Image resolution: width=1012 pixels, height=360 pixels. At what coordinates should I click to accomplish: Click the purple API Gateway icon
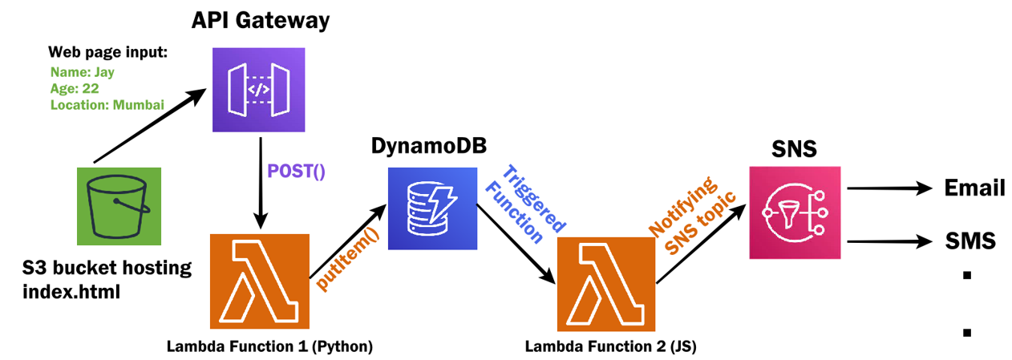pos(259,89)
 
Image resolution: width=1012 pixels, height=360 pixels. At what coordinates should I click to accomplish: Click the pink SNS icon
pos(795,212)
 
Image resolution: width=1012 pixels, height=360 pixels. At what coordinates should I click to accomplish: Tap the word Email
pos(974,188)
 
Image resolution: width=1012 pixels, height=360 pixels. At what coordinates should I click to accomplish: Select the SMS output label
pos(969,240)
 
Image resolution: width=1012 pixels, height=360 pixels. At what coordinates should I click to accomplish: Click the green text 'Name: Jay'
pos(82,72)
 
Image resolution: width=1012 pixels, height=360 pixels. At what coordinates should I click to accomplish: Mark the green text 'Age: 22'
pos(75,88)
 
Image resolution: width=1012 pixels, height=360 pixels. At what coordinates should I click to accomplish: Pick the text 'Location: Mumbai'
pos(107,104)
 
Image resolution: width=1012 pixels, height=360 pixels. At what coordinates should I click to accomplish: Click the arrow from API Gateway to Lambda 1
pos(259,180)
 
